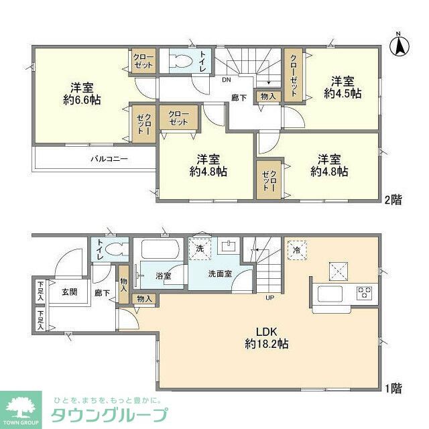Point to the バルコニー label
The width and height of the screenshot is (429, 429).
110,160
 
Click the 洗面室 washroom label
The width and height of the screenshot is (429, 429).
220,273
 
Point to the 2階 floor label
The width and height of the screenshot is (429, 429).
394,200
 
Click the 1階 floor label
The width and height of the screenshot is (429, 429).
393,387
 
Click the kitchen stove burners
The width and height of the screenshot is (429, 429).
365,293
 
